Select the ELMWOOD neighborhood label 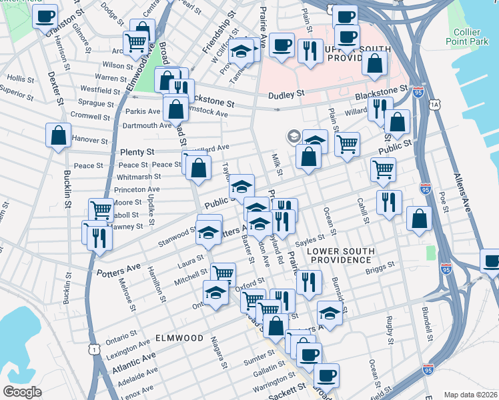[179, 338]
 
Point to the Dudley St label [286, 94]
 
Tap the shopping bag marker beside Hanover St [59, 135]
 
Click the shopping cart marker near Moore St [101, 210]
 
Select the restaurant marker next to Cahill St [388, 201]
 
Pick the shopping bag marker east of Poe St [418, 218]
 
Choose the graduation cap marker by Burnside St [330, 312]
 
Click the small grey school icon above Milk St [293, 137]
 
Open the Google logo [22, 392]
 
